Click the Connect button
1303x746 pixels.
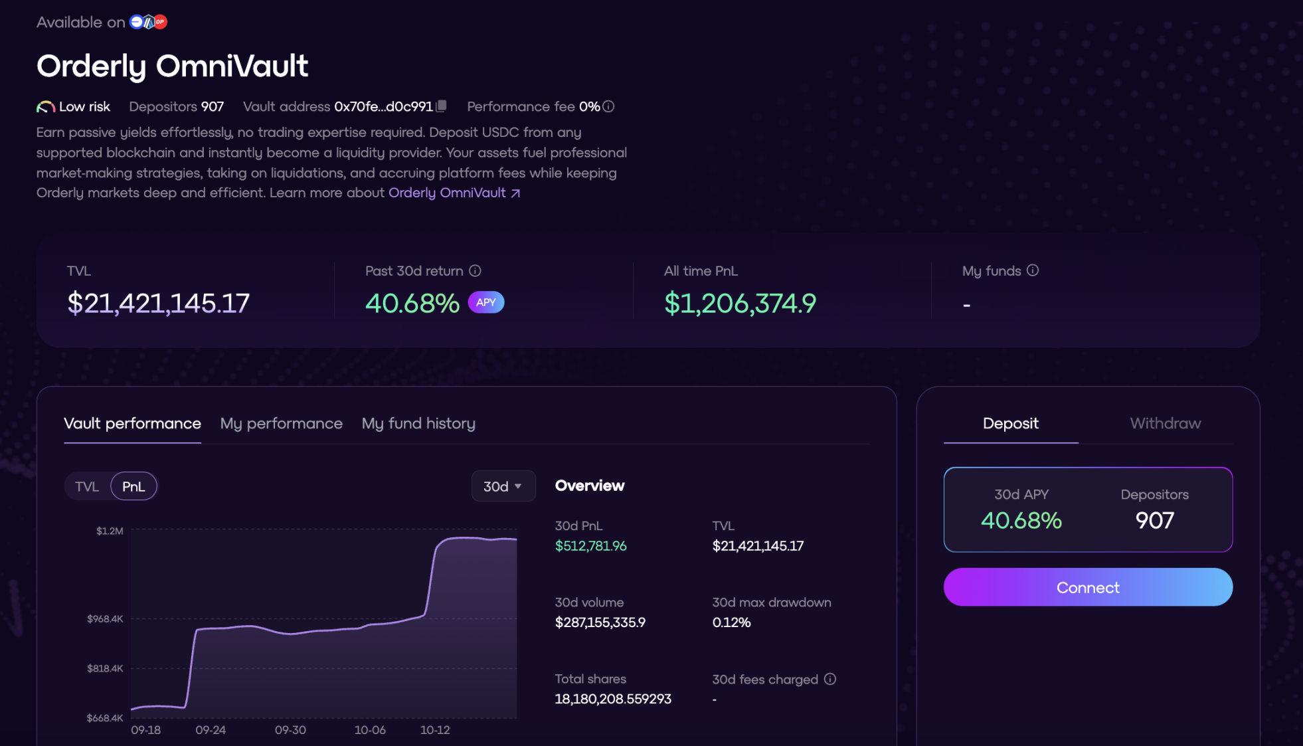(1088, 587)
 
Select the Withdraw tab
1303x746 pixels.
(1165, 423)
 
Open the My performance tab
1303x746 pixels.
(281, 423)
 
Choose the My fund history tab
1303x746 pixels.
(418, 423)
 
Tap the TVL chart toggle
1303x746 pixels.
(87, 486)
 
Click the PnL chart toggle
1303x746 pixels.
(133, 486)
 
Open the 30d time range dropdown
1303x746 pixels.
(503, 486)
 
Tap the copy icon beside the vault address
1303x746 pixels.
(441, 106)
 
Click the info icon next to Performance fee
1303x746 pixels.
(608, 106)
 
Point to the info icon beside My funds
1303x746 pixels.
(1032, 270)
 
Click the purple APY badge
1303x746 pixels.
(486, 302)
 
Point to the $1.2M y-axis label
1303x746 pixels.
(110, 531)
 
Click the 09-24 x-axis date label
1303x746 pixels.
(211, 730)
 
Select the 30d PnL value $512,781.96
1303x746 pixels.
(590, 546)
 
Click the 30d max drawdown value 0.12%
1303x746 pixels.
(731, 622)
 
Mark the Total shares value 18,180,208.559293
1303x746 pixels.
(613, 699)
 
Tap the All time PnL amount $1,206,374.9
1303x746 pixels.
(740, 304)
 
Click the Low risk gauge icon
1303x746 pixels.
(45, 107)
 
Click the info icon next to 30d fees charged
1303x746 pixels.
(829, 679)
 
